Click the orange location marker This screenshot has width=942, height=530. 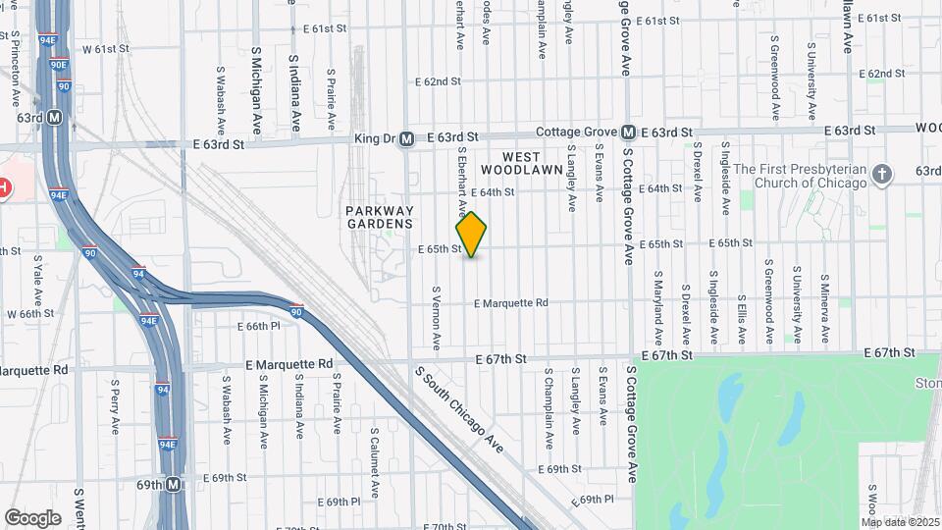[471, 235]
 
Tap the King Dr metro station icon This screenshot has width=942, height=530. [405, 139]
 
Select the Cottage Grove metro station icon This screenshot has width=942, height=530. [628, 132]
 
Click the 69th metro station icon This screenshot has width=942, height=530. [174, 485]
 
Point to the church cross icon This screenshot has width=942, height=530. [882, 175]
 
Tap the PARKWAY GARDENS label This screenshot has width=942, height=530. [380, 217]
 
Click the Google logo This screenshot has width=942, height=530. [32, 517]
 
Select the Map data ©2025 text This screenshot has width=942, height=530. [901, 521]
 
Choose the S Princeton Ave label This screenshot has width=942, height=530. [16, 69]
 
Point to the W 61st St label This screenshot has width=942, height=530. [105, 48]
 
